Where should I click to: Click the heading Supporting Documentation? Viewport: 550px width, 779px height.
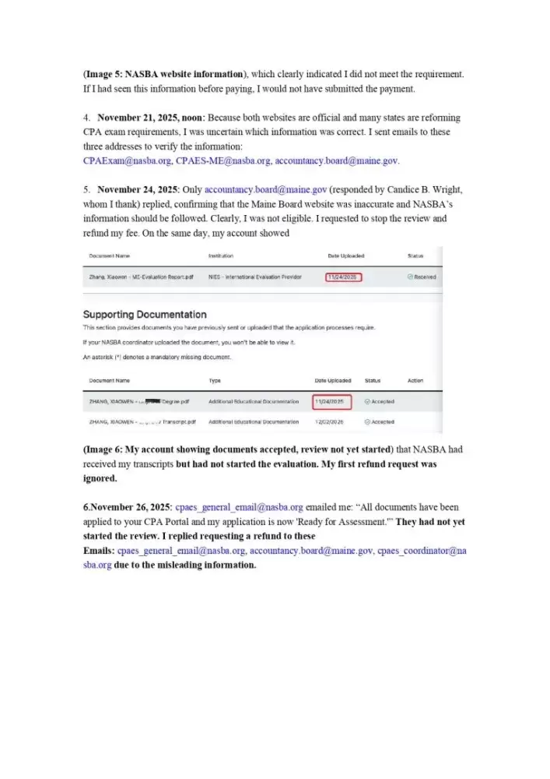coord(145,315)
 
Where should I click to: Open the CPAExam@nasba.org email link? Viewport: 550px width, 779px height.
coord(127,160)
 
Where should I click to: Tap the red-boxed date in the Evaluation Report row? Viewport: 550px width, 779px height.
coord(343,277)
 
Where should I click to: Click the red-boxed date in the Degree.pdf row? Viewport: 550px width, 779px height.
coord(332,401)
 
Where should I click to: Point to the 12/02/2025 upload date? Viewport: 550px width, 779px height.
coord(332,421)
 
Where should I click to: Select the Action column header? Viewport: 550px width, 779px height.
coord(415,380)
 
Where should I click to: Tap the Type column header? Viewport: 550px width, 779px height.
coord(215,380)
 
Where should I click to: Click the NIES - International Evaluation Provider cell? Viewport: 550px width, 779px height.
coord(254,277)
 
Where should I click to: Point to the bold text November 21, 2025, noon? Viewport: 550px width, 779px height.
coord(150,118)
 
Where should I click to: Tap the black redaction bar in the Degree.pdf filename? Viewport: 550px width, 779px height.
coord(152,400)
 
